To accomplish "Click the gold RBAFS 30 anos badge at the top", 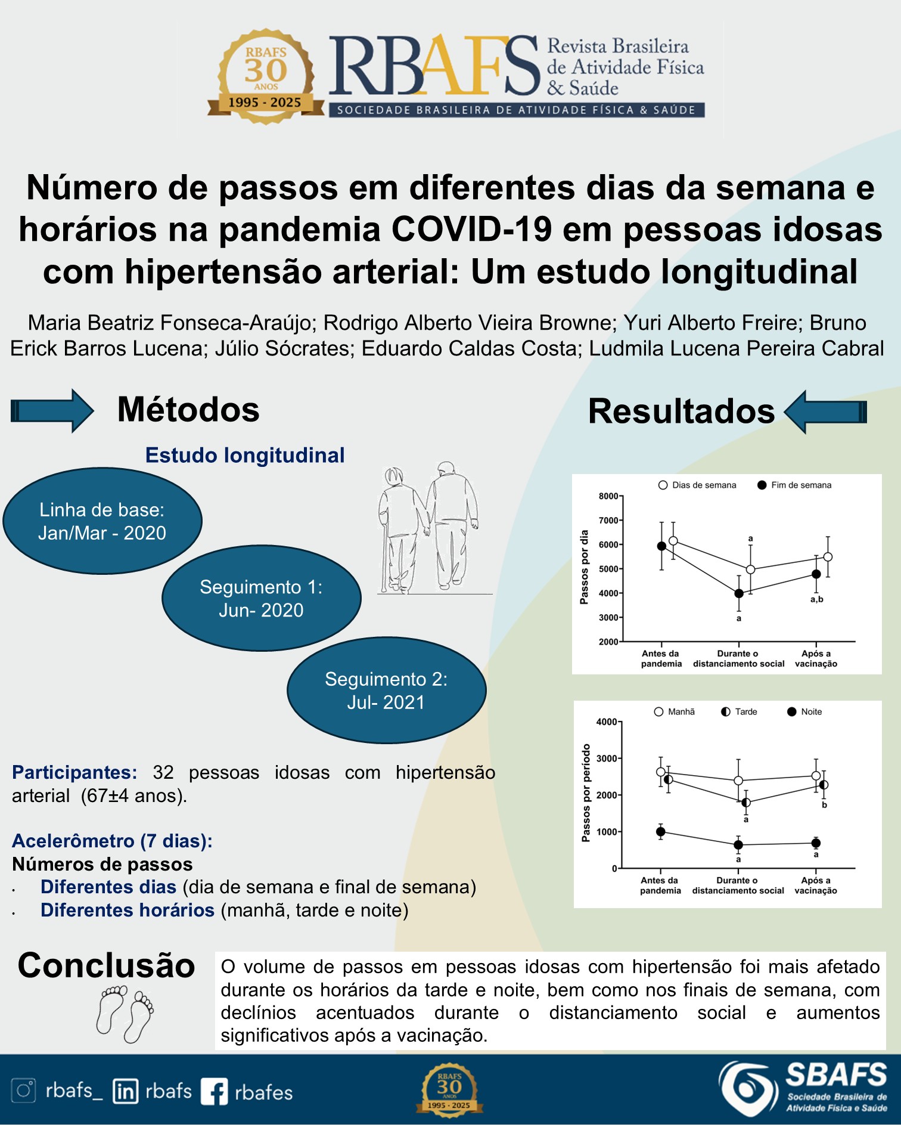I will (266, 77).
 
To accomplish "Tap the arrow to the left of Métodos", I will (52, 410).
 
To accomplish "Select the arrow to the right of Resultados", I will (825, 411).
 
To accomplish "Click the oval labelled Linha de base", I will (102, 521).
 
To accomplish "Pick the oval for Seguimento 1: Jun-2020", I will (261, 599).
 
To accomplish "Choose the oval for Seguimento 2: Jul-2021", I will (386, 691).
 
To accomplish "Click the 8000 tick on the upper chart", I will (608, 496).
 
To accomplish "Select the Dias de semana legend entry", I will (697, 485).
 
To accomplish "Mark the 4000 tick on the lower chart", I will (607, 722).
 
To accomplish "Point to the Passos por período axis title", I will (586, 793).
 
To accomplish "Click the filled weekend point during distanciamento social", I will (739, 593).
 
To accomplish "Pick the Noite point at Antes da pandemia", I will (660, 832).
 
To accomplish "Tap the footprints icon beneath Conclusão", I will (125, 1014).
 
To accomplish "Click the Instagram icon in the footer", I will (24, 1091).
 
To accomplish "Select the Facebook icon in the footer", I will (215, 1092).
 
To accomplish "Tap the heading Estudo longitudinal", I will (245, 456).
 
